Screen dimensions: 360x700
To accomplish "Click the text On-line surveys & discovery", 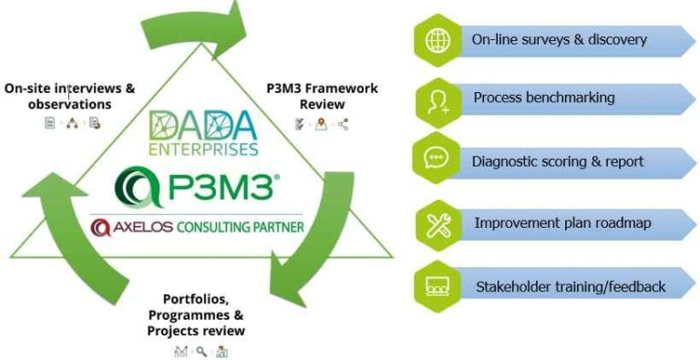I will (x=559, y=40).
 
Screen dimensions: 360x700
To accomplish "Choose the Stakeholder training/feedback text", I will (x=571, y=287).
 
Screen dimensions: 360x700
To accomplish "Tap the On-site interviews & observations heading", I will (x=69, y=96).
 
